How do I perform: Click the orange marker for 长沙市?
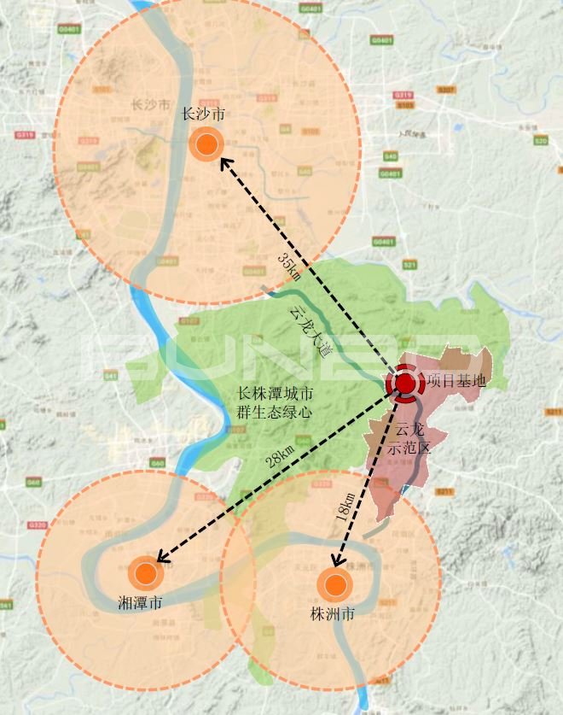(206, 145)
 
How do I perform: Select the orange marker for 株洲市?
(334, 585)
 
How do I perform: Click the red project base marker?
(404, 384)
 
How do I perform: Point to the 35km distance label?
(289, 266)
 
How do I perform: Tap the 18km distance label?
(345, 507)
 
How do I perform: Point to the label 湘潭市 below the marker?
(140, 603)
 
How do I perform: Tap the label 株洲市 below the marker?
(334, 614)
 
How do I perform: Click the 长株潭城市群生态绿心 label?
(275, 402)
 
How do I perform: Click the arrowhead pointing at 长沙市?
(224, 162)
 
